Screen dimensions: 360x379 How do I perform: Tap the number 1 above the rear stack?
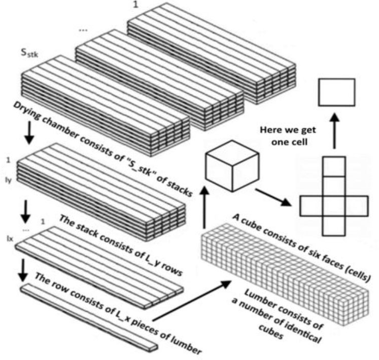tap(135, 5)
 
